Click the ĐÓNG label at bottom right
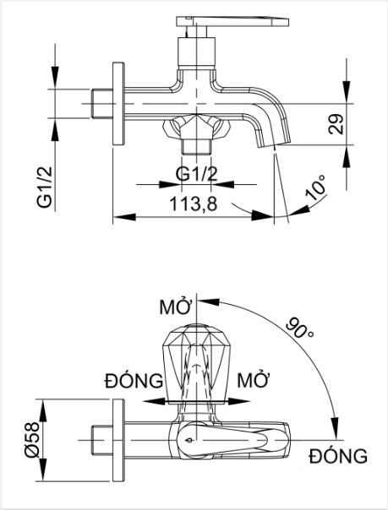337,457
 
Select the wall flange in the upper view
119,106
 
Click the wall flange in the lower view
119,441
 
